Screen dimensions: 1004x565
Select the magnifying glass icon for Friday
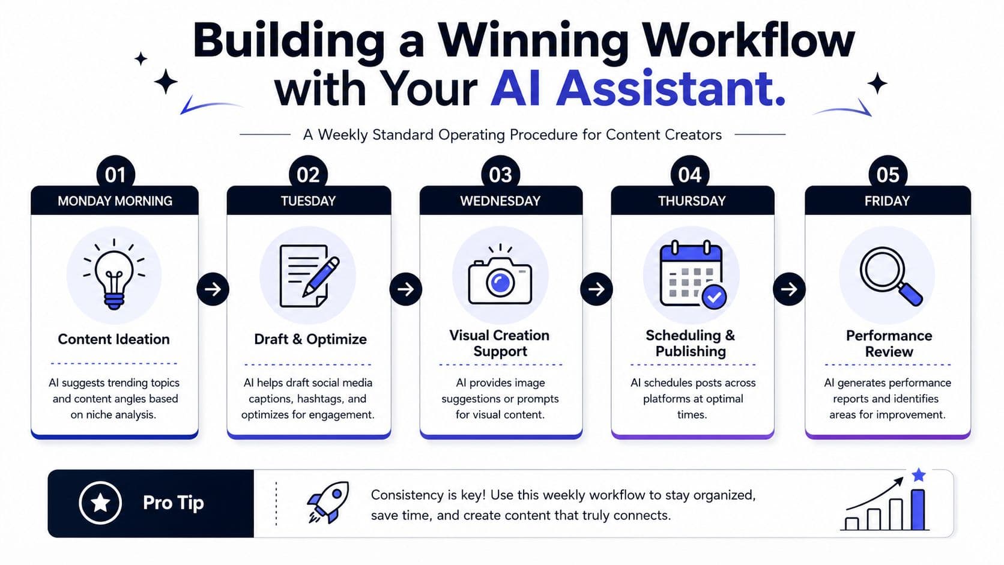point(891,276)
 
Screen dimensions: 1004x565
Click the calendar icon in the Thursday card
point(693,274)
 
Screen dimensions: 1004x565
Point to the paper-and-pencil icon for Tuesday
point(309,276)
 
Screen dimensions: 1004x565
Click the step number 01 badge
point(115,174)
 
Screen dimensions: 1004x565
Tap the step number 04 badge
point(689,174)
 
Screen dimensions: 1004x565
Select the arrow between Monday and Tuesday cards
point(213,289)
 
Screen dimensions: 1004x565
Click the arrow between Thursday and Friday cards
point(789,289)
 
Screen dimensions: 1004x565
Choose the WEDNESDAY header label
point(500,201)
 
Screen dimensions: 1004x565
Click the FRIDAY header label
point(887,201)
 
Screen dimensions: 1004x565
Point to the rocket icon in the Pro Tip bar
point(328,503)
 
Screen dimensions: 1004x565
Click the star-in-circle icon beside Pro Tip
point(100,503)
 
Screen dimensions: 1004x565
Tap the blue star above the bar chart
point(918,474)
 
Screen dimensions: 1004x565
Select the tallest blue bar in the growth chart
point(918,509)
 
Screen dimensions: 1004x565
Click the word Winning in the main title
point(533,41)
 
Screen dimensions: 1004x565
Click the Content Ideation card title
point(114,339)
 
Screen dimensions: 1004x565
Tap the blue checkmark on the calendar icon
point(714,296)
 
